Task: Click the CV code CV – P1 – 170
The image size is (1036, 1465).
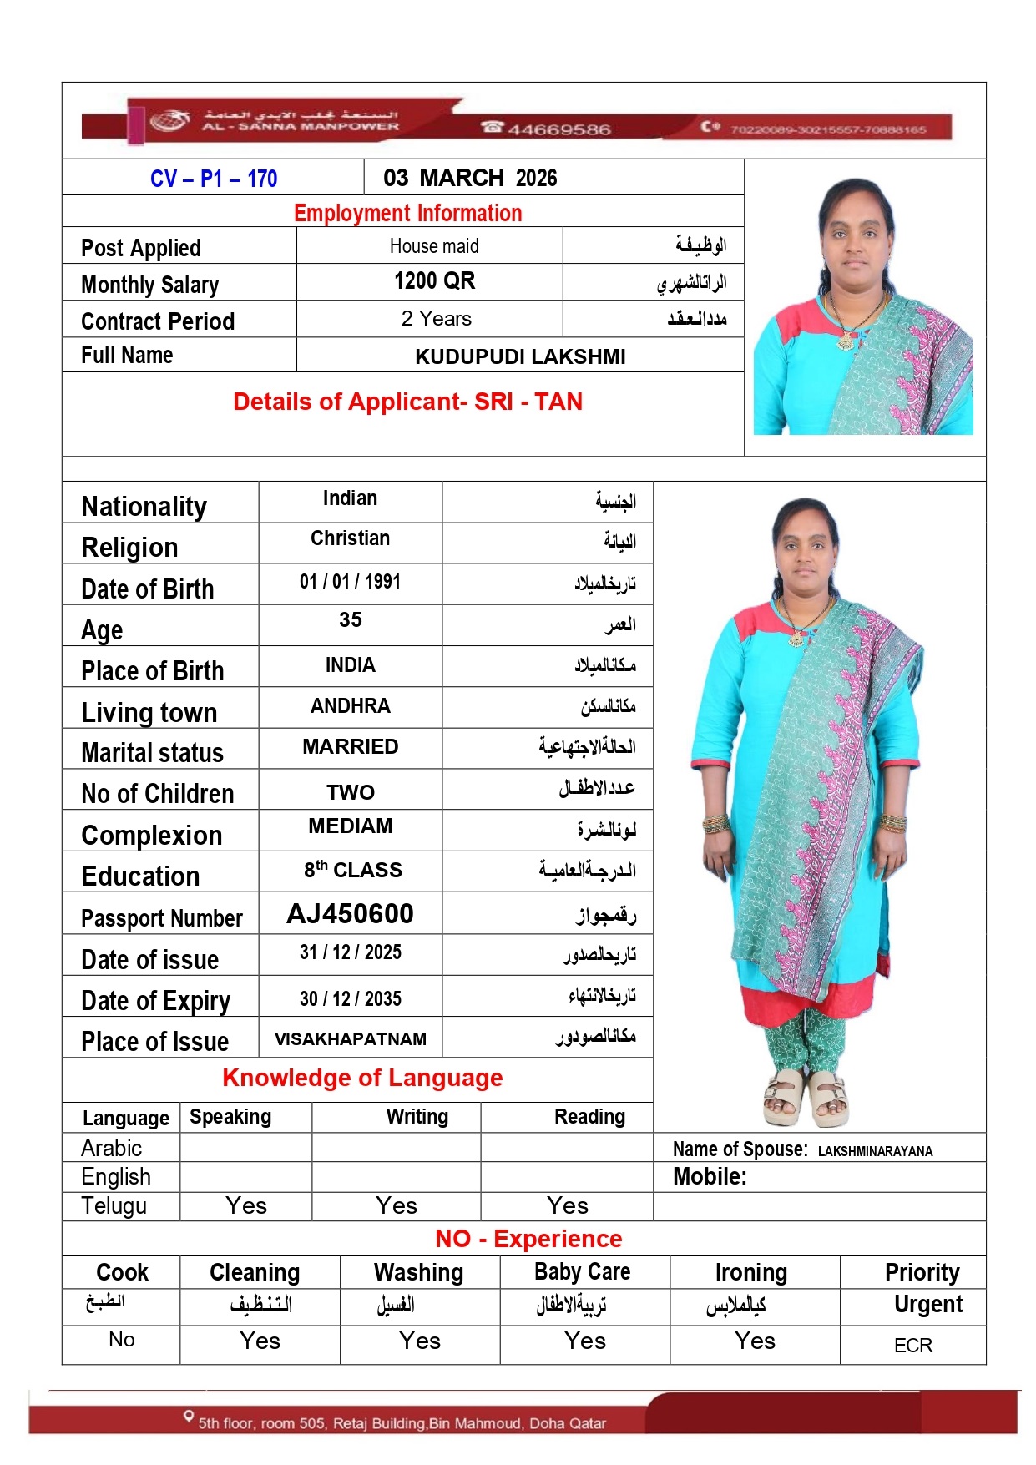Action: click(x=213, y=179)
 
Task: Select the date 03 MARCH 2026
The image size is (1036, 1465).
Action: click(x=470, y=178)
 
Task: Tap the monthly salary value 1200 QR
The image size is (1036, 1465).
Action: click(x=434, y=281)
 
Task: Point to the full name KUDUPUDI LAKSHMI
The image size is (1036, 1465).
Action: click(x=520, y=357)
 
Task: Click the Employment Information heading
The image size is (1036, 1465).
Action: click(x=407, y=213)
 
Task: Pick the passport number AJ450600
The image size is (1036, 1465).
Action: click(x=350, y=914)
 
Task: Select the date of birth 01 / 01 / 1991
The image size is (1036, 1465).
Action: click(x=350, y=582)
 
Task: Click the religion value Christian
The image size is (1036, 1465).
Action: click(x=350, y=538)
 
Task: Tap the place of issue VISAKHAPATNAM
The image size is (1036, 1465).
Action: click(x=350, y=1039)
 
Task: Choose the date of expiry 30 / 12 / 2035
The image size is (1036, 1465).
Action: click(x=350, y=999)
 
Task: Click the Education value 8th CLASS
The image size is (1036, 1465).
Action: click(x=352, y=870)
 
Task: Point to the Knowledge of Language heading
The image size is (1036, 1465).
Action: click(x=362, y=1078)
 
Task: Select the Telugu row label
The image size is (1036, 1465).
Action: click(x=114, y=1206)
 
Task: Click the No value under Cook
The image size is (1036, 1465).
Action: click(x=122, y=1340)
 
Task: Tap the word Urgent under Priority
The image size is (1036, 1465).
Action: click(x=927, y=1304)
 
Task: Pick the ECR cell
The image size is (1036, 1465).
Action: click(x=912, y=1346)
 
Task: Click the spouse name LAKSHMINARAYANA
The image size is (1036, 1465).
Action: click(x=875, y=1151)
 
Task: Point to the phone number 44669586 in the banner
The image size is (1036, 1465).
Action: click(x=558, y=129)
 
